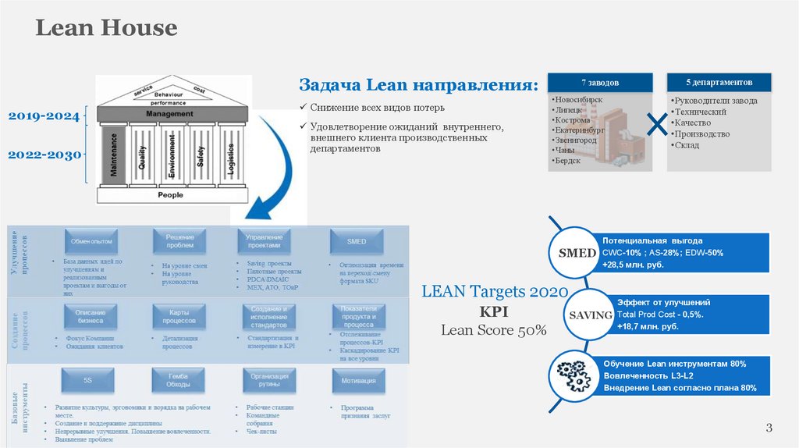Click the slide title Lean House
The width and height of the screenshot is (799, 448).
[x=107, y=29]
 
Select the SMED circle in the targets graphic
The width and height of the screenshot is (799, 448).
[x=577, y=254]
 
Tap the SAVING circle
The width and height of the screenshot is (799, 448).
[x=589, y=315]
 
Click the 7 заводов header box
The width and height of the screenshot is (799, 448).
[x=599, y=82]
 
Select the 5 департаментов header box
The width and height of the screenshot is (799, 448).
[x=719, y=82]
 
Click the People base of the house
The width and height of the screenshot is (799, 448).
[x=170, y=194]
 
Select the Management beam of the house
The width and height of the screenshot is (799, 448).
[x=169, y=114]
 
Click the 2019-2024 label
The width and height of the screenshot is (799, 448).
[x=44, y=116]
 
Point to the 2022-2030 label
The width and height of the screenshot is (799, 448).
[x=44, y=155]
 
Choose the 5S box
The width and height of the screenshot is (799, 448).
[x=88, y=381]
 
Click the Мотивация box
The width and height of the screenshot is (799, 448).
[x=358, y=381]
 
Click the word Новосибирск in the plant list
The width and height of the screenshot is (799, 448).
[x=577, y=101]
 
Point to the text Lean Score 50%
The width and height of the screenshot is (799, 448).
[x=494, y=330]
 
